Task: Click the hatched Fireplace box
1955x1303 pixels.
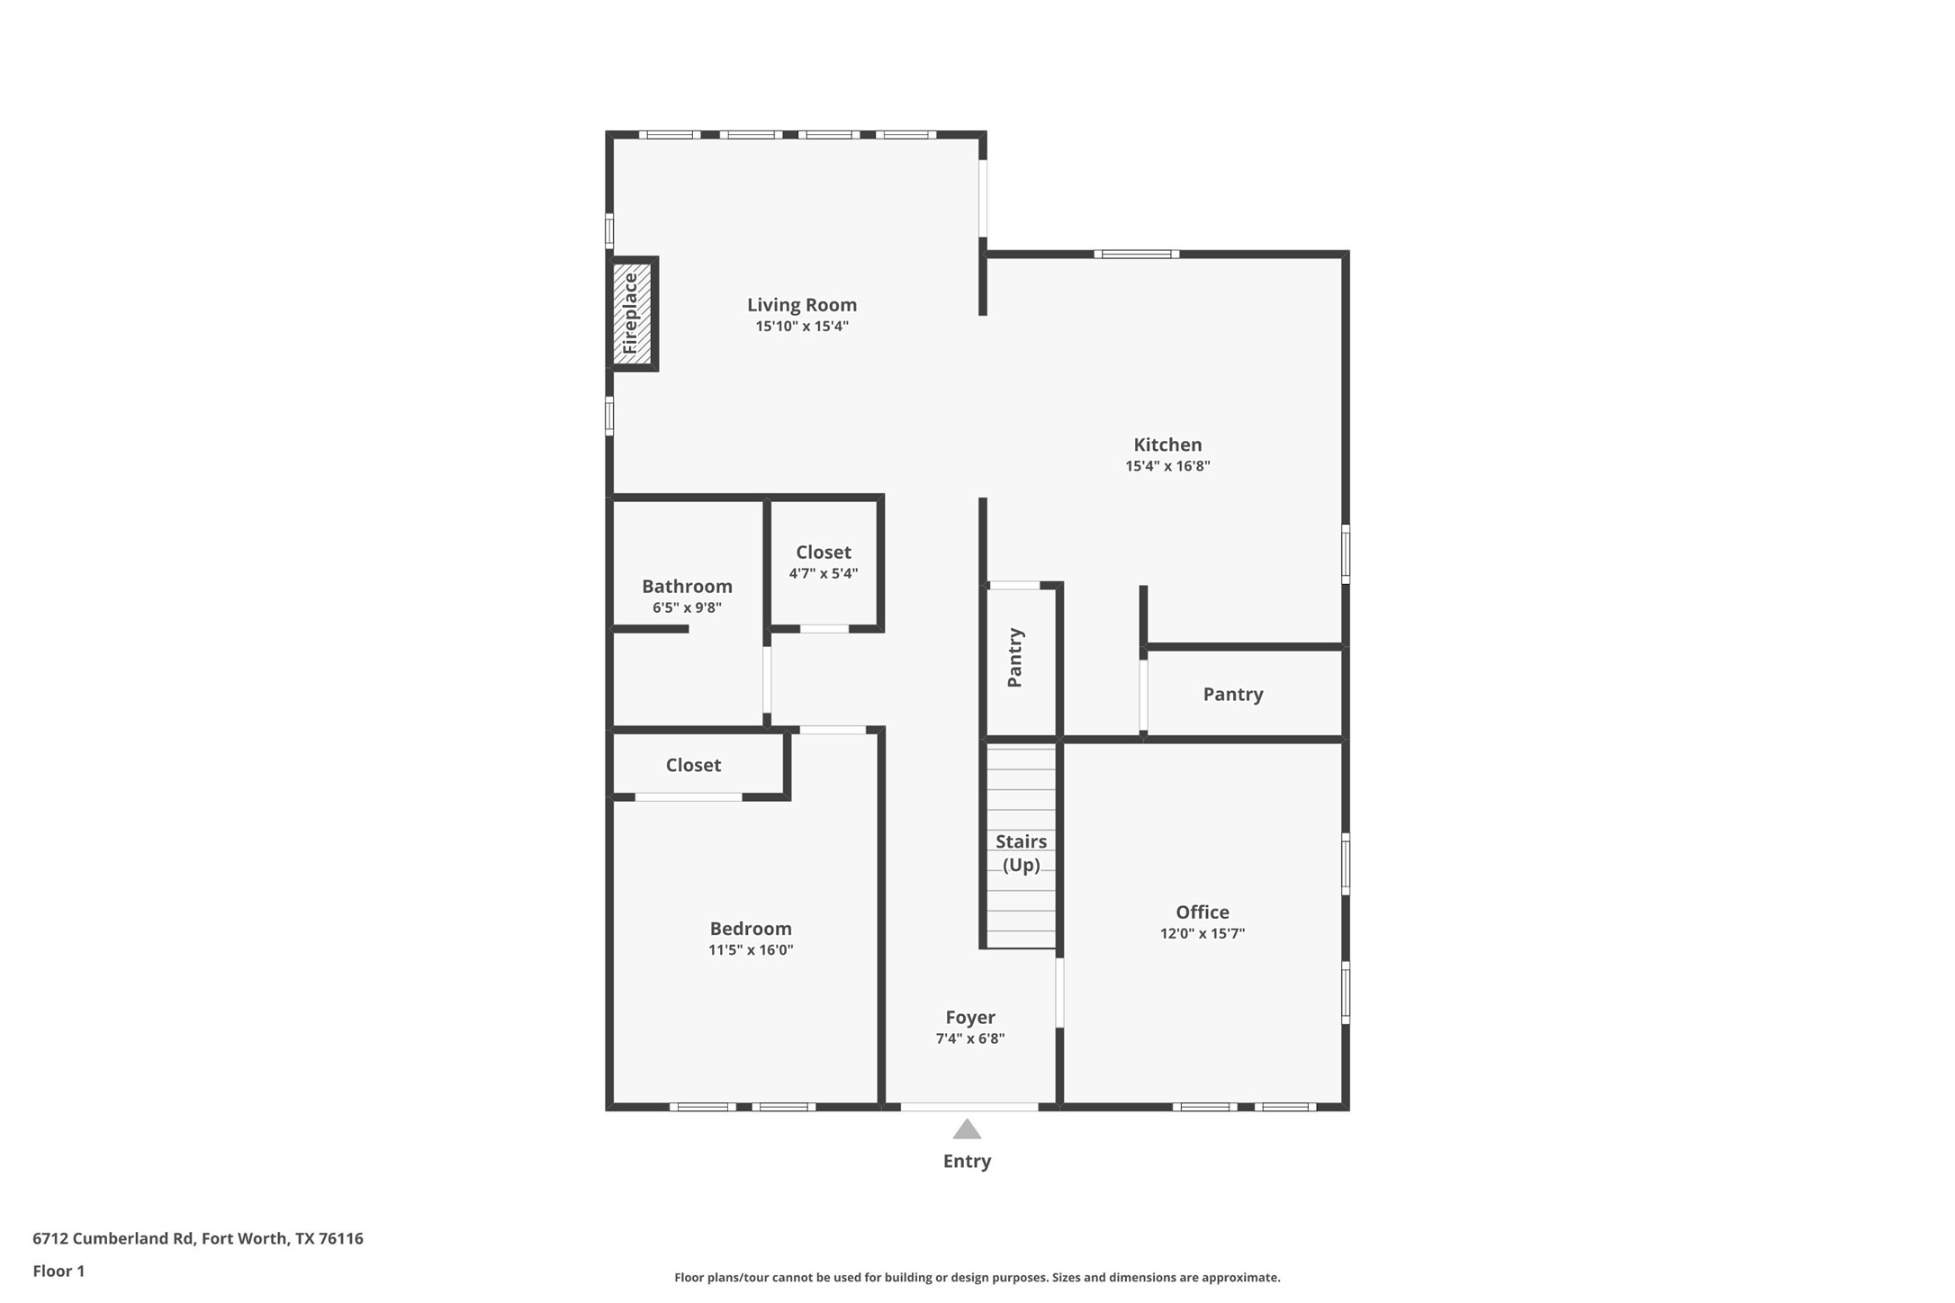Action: tap(632, 313)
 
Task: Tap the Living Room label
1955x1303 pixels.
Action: tap(801, 305)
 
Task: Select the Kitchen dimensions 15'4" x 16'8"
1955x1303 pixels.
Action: tap(1167, 466)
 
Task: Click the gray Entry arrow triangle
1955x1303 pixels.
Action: tap(967, 1130)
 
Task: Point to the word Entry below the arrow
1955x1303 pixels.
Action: tap(967, 1162)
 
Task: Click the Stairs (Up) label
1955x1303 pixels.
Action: tap(1021, 853)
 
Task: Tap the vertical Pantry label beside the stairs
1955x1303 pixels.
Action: tap(1014, 658)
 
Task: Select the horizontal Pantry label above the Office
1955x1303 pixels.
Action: tap(1232, 694)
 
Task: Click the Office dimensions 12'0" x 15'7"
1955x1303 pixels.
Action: tap(1202, 934)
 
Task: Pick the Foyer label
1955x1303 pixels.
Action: tap(969, 1018)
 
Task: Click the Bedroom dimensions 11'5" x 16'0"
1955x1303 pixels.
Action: tap(750, 950)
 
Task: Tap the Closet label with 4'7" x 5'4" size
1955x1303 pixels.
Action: tap(823, 553)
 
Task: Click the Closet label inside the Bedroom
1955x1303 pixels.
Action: tap(692, 765)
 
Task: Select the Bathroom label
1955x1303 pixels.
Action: tap(687, 587)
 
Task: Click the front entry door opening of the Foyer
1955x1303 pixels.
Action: tap(968, 1107)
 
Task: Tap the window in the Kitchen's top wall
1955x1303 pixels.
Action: tap(1136, 255)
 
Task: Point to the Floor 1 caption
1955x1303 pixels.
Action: tap(59, 1272)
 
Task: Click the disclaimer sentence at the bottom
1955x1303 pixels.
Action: tap(977, 1278)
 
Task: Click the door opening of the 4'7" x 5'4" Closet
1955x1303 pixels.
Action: tap(824, 629)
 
